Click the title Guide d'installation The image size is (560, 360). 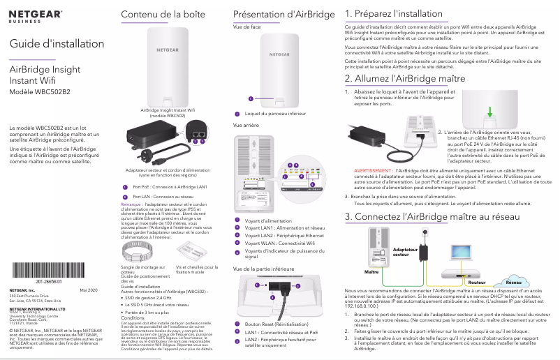[47, 44]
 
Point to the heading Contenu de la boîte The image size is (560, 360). [154, 15]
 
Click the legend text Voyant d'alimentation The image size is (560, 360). [268, 201]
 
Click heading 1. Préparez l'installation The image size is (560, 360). [395, 13]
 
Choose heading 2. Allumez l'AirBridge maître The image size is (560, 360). [406, 78]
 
